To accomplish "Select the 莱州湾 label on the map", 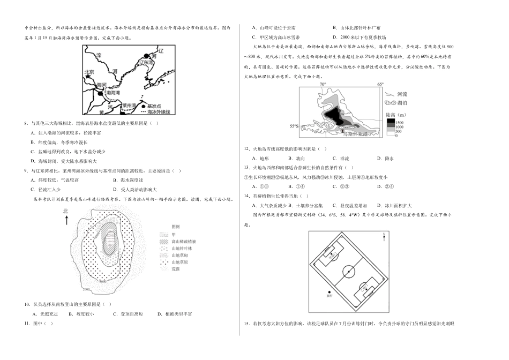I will (x=131, y=105).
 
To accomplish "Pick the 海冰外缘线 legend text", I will (x=158, y=111).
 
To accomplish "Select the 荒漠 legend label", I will (x=175, y=268).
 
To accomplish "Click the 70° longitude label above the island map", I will (x=323, y=85).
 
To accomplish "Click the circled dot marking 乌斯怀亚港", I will (x=343, y=130).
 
